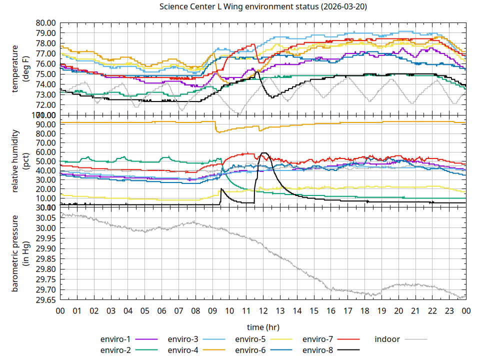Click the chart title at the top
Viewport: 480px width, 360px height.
(x=262, y=6)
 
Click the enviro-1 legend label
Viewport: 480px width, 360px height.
(x=115, y=339)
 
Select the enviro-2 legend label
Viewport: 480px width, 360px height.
(x=115, y=349)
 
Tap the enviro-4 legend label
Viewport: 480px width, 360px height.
(x=183, y=349)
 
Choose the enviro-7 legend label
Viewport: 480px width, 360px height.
(x=318, y=339)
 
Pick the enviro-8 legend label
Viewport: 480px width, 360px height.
(x=318, y=349)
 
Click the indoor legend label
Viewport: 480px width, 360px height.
(x=387, y=339)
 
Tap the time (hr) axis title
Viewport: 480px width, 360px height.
(x=263, y=327)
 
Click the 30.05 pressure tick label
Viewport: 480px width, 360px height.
(x=46, y=218)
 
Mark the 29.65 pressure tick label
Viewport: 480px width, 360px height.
(x=46, y=300)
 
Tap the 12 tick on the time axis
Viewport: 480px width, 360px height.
(x=263, y=311)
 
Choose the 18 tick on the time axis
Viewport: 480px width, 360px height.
(x=364, y=311)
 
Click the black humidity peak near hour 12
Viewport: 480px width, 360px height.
(x=264, y=153)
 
